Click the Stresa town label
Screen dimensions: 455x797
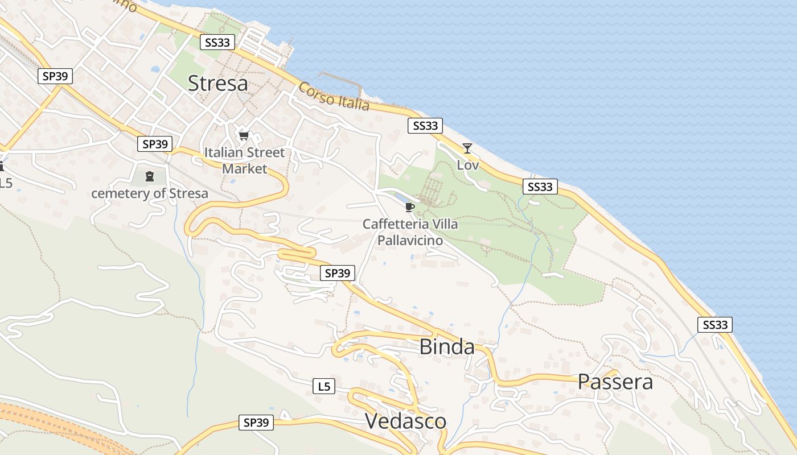[x=217, y=84]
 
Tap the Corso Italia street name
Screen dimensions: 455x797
[x=334, y=97]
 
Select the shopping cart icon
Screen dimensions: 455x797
[x=244, y=135]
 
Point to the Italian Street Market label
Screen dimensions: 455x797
[x=244, y=160]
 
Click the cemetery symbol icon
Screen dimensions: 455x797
[x=149, y=176]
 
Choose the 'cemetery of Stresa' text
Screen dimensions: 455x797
[x=150, y=193]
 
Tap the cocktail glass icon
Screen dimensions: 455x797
[x=467, y=148]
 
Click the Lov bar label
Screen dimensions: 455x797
[x=468, y=165]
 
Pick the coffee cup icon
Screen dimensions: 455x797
[x=409, y=207]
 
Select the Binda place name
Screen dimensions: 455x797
[x=447, y=346]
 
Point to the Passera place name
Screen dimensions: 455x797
[x=615, y=381]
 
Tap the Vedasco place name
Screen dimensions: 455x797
[x=405, y=421]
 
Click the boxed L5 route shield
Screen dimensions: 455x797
[x=323, y=387]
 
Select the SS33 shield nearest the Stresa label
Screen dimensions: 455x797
[x=217, y=42]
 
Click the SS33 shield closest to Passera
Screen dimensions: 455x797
[x=715, y=325]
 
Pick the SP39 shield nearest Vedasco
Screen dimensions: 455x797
[x=256, y=423]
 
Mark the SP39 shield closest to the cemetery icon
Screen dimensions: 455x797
[x=154, y=144]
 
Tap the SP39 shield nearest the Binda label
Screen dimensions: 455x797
[x=338, y=273]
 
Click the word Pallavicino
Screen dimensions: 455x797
[x=410, y=241]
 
